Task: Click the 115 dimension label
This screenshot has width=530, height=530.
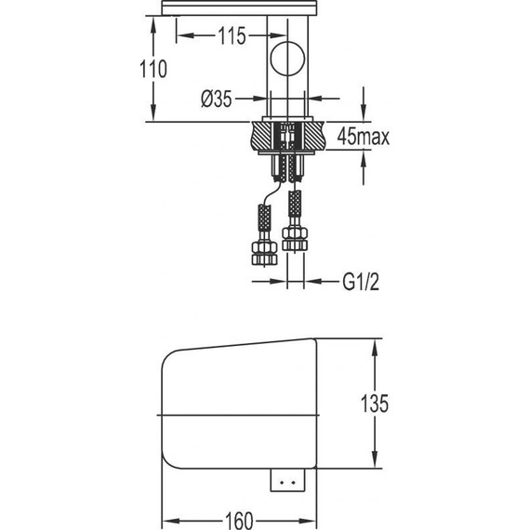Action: (232, 36)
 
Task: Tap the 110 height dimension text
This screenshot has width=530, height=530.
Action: (153, 69)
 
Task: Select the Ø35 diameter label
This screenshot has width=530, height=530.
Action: (217, 99)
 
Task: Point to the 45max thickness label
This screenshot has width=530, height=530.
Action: (363, 137)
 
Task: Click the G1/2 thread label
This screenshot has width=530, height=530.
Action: (361, 282)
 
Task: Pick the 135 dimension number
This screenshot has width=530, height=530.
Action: (375, 404)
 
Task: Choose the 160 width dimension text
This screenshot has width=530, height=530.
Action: (239, 521)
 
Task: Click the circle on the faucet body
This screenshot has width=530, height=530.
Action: (287, 59)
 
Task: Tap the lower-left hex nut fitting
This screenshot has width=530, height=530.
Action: (264, 253)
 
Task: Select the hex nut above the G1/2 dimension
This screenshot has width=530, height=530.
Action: (295, 239)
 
